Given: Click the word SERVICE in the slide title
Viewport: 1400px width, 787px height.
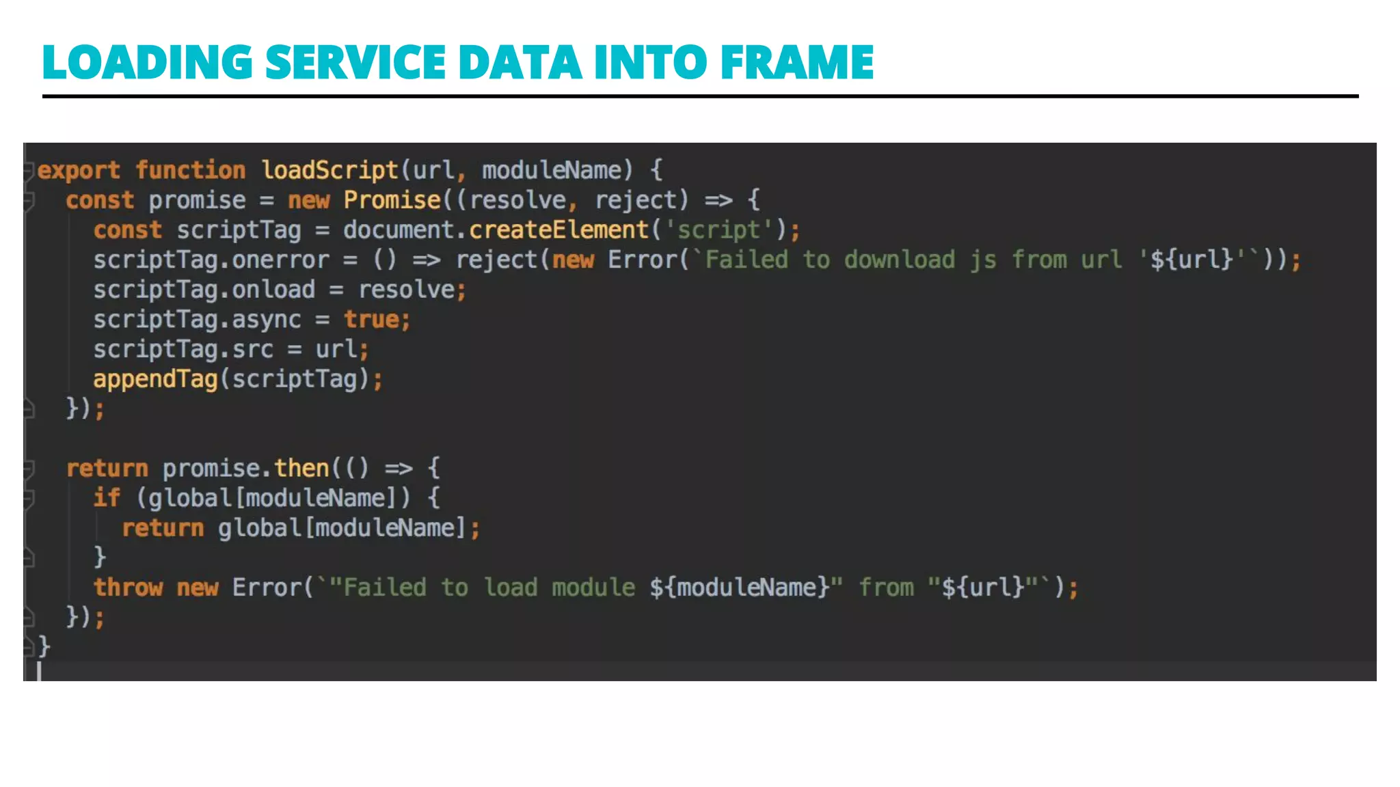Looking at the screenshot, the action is (x=355, y=62).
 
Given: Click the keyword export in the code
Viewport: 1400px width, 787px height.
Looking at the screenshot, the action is (x=79, y=170).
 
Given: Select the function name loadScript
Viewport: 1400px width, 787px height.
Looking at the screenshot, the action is (x=329, y=169).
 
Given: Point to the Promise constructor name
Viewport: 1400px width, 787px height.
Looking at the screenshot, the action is (x=392, y=199).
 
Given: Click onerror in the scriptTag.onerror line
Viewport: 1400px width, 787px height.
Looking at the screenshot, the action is (x=280, y=260).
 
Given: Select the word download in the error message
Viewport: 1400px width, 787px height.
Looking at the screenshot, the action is (x=900, y=260).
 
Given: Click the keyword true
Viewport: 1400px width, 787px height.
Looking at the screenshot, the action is (x=371, y=320).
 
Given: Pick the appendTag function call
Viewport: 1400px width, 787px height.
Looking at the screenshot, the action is (x=155, y=379).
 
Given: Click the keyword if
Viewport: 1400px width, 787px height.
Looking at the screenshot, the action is (x=107, y=497).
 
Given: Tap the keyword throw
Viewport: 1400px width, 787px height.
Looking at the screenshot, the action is (x=128, y=588).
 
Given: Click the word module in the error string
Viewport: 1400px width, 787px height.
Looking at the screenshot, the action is (x=593, y=588).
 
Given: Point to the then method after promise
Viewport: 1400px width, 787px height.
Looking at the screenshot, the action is (x=301, y=468).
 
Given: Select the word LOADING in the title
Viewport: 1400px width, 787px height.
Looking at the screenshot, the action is (x=148, y=62).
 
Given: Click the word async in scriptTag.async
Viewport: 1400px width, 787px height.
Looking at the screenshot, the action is (x=266, y=320).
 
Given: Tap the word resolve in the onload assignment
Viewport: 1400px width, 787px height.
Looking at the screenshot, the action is (x=407, y=290).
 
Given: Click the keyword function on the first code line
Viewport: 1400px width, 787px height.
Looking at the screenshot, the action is (x=190, y=170).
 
